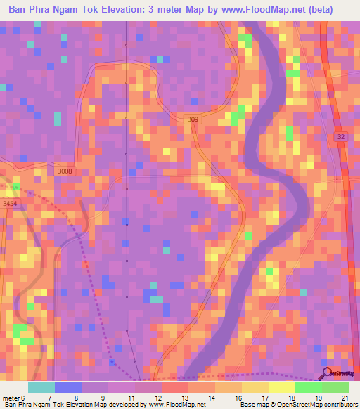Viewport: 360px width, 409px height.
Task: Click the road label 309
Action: [193, 120]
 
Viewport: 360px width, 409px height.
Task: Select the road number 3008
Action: [64, 171]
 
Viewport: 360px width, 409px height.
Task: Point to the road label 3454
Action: [10, 204]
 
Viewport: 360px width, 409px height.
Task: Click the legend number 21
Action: [344, 397]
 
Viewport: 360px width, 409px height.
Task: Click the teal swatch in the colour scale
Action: [41, 387]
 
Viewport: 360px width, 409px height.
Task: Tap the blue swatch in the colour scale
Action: [67, 387]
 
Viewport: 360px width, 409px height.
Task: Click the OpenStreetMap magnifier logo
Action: [326, 375]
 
